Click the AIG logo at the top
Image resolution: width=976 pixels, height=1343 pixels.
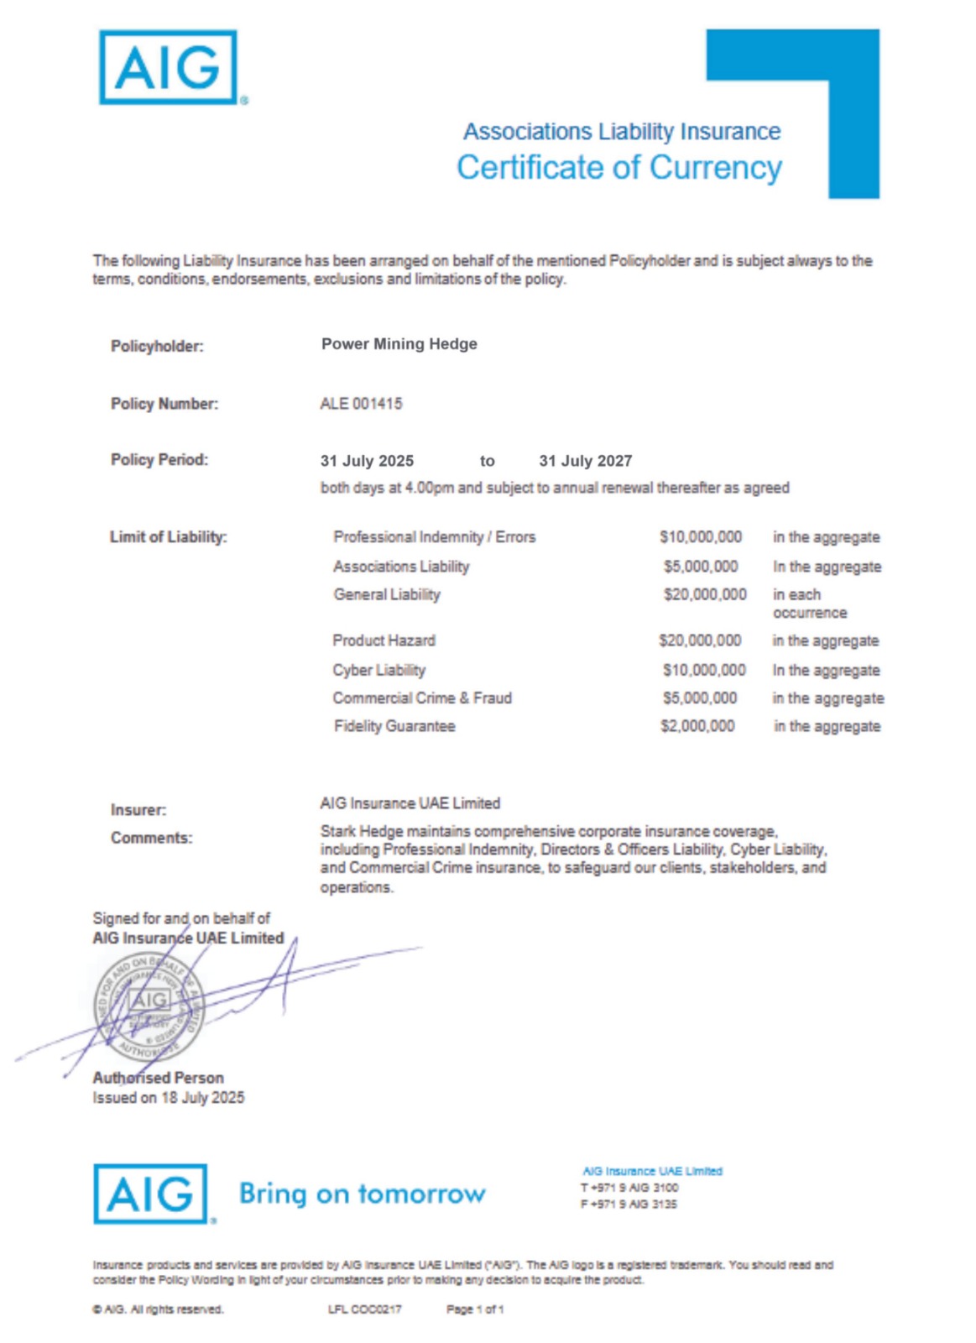[168, 67]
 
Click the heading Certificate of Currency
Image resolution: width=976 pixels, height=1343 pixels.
[618, 167]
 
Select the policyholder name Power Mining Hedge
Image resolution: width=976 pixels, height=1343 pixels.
[399, 344]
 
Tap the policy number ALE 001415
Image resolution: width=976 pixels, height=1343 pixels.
[361, 404]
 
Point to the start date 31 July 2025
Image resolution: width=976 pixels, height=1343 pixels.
[367, 461]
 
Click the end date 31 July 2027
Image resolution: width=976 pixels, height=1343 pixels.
[585, 461]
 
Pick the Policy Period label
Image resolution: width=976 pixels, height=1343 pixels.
[159, 460]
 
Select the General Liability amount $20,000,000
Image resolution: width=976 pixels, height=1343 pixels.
[704, 594]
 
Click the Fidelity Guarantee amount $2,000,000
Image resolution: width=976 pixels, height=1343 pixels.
[697, 726]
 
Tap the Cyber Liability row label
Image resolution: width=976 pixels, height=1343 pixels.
[378, 670]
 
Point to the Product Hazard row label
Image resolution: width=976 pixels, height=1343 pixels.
[384, 640]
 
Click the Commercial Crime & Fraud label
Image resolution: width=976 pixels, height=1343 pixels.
[421, 698]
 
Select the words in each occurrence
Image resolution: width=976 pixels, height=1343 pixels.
[809, 604]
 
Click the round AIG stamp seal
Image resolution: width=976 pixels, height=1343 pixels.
[149, 1007]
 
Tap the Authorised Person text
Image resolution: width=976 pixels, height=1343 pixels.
[158, 1078]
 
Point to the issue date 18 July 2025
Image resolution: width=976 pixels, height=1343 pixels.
[202, 1098]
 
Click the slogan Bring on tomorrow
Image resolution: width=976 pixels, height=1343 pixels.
[362, 1193]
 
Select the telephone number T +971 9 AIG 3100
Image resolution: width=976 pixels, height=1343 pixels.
[629, 1188]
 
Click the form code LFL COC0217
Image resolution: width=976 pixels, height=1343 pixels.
[364, 1309]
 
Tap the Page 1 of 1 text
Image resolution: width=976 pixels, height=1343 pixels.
[475, 1309]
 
